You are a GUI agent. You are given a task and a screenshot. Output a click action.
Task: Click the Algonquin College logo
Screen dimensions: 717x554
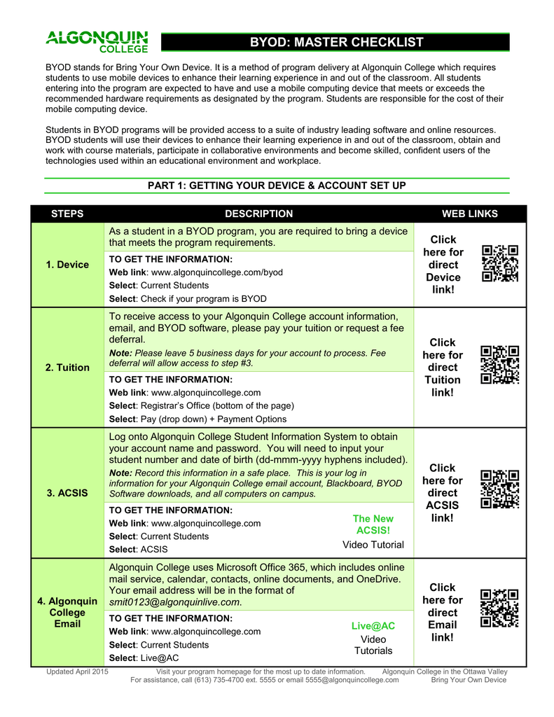(x=97, y=41)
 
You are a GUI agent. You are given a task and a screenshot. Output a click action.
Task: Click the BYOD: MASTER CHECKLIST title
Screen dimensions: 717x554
(x=336, y=42)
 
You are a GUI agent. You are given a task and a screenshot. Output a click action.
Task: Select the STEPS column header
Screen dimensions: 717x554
(x=67, y=214)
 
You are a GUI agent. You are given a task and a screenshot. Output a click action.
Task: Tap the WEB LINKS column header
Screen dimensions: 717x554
(x=469, y=214)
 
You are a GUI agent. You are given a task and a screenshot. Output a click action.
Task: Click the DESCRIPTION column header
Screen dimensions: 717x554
(x=258, y=214)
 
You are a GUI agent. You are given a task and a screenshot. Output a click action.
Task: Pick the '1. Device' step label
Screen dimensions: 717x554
(x=67, y=265)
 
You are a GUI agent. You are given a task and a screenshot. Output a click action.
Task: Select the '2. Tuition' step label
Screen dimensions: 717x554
(x=67, y=368)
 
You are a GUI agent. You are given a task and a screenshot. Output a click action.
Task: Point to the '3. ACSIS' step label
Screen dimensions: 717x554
(x=67, y=493)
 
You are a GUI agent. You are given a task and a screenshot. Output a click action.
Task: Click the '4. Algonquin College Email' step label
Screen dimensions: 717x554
(x=67, y=612)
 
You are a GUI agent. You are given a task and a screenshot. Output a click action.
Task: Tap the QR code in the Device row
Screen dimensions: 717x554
(x=500, y=263)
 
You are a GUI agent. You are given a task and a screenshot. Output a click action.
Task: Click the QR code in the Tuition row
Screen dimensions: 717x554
(x=500, y=365)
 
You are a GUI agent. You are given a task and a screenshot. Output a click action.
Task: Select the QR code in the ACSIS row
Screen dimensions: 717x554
(x=500, y=489)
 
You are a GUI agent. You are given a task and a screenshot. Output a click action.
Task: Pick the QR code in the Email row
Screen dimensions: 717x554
(x=500, y=608)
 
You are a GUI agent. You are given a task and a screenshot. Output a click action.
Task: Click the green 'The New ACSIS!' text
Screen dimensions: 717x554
(x=373, y=524)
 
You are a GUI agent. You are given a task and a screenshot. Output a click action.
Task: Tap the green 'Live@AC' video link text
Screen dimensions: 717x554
(x=373, y=626)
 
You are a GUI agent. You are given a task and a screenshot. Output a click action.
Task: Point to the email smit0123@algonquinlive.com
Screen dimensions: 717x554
(x=174, y=601)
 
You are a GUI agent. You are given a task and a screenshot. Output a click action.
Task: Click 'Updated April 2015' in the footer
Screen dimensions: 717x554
(x=77, y=670)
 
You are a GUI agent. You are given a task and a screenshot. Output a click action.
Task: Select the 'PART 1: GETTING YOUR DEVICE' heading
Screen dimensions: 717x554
(x=277, y=186)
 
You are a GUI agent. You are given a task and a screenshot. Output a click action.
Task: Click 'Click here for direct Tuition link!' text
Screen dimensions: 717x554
(x=442, y=368)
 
